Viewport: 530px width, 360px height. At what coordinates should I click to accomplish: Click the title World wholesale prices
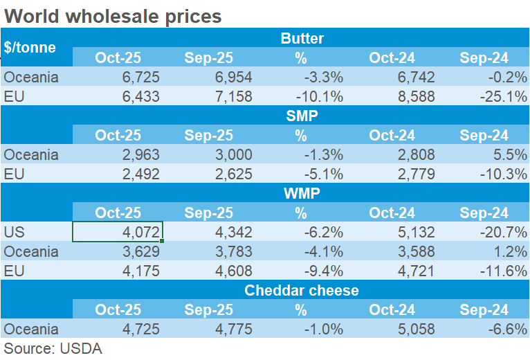(113, 15)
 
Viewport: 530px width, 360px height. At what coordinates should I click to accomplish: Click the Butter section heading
(302, 38)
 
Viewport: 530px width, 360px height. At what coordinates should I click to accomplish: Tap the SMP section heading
(302, 116)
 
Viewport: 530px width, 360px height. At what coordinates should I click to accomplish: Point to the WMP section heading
(302, 194)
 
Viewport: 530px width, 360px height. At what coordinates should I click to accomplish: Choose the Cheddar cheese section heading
(302, 290)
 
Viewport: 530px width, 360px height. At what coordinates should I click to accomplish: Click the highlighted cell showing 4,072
(118, 232)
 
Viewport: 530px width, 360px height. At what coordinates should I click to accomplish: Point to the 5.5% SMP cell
(512, 154)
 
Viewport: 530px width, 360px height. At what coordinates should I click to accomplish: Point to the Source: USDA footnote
(53, 348)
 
